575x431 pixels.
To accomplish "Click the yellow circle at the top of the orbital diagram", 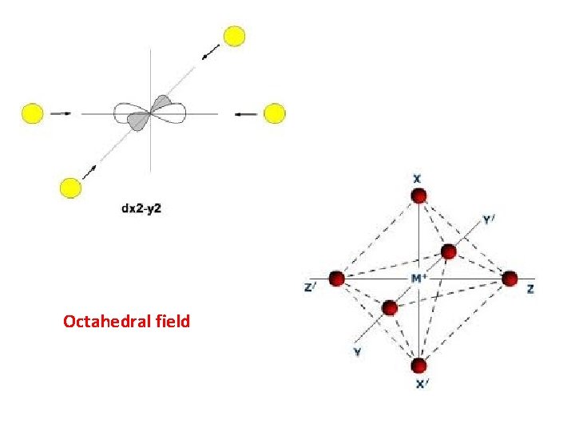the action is click(234, 36).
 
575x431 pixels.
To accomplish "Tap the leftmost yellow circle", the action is click(32, 113).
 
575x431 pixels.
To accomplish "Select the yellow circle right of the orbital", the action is click(274, 113).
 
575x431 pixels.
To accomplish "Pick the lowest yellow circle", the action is click(71, 188).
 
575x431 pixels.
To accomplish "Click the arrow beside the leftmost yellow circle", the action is click(61, 113).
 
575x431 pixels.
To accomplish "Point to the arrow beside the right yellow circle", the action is click(246, 113).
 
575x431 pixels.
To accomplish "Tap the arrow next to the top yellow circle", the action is click(211, 53).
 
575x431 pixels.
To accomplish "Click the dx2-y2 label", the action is click(142, 210).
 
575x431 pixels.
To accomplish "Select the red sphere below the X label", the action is click(417, 196).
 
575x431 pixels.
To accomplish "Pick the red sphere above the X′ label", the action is click(418, 366).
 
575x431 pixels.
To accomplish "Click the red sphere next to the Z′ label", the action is click(336, 279).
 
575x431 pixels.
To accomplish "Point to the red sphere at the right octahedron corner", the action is click(510, 279).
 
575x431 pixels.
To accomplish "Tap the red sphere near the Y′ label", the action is click(449, 251).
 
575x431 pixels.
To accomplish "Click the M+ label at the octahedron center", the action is click(418, 278).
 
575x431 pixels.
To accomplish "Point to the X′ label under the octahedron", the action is click(421, 384).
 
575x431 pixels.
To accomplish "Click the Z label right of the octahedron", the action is click(531, 289).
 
